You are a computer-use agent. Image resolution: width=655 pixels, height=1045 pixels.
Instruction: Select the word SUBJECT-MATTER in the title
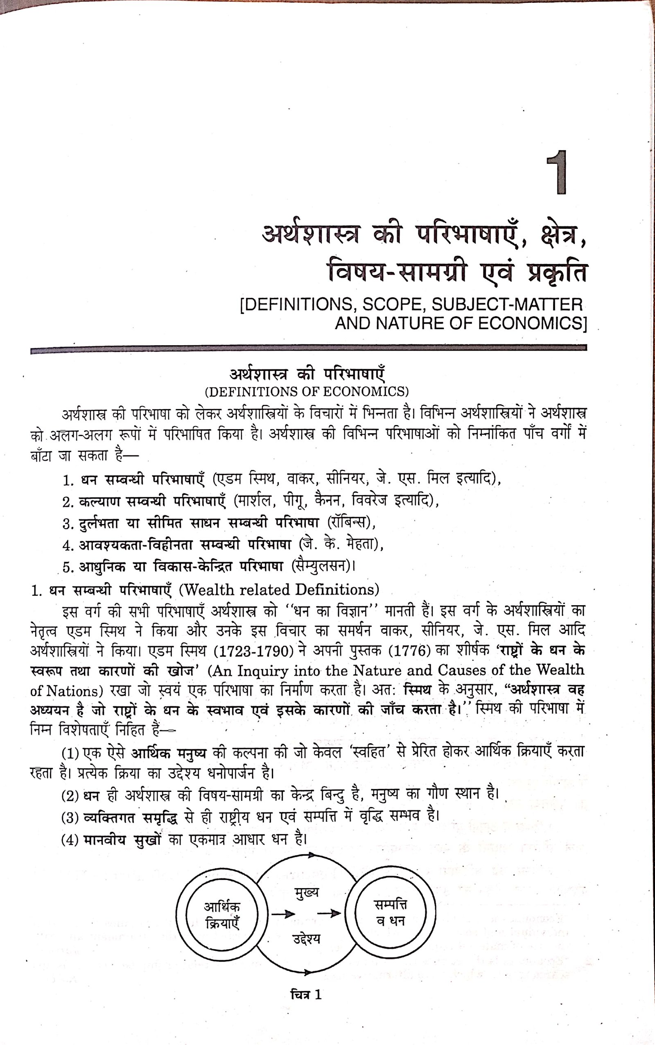[x=507, y=305]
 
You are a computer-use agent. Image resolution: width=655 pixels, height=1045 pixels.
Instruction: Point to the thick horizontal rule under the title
[x=308, y=349]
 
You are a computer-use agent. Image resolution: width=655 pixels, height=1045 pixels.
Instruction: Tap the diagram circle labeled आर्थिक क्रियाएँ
[x=222, y=914]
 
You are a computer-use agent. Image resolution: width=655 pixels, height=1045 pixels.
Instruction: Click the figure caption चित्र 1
[x=306, y=995]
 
